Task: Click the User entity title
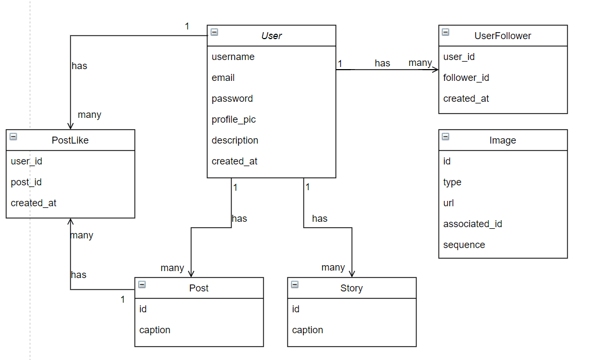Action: (271, 36)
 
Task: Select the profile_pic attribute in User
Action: (234, 119)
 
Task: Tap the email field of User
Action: (223, 78)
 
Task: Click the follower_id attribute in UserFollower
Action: (466, 78)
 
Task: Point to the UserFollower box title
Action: (502, 36)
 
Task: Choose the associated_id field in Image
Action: (472, 224)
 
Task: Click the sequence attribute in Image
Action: (464, 245)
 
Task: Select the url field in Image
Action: (449, 203)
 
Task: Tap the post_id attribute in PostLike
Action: (26, 182)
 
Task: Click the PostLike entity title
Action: (70, 140)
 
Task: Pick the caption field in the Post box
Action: (155, 330)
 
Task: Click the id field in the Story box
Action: (295, 309)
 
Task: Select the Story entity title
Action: (351, 288)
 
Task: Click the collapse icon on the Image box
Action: (445, 137)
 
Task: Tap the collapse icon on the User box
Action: (214, 32)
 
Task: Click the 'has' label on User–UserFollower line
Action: (382, 63)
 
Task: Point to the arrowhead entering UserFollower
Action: (435, 70)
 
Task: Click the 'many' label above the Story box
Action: (333, 267)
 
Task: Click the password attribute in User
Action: (232, 99)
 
